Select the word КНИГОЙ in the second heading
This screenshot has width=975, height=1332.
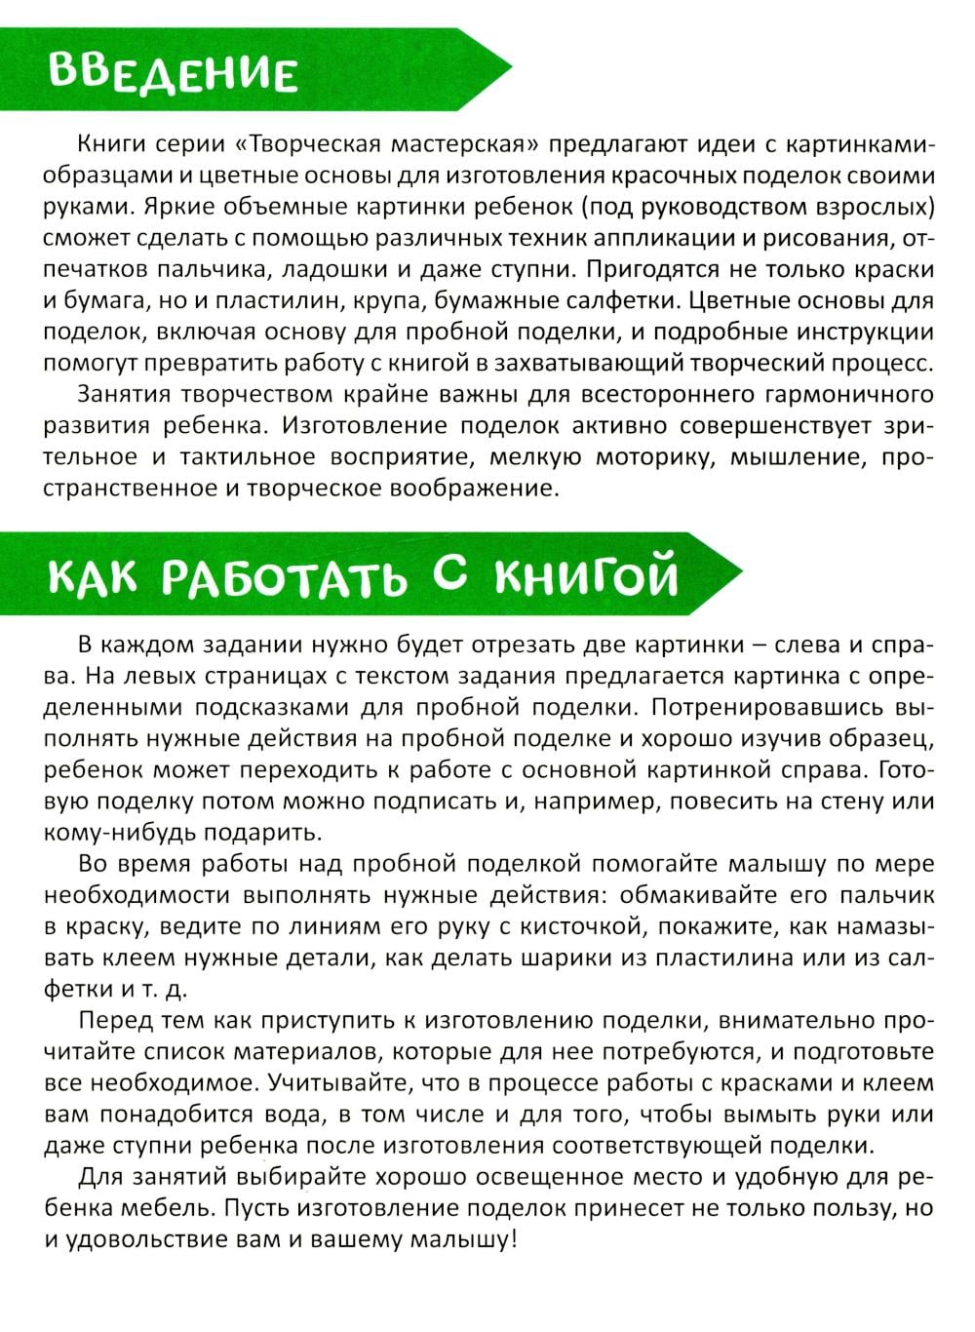tap(585, 575)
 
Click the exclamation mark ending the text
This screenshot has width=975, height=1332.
tap(514, 1239)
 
